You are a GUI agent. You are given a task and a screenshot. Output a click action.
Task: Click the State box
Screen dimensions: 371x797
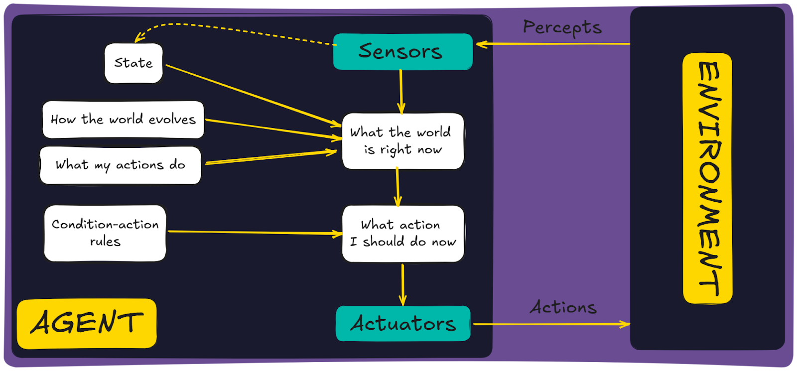coord(133,63)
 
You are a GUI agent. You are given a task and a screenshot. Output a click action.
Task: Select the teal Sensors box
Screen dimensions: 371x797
coord(402,51)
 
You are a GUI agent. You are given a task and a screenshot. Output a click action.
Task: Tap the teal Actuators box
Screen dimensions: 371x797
coord(402,324)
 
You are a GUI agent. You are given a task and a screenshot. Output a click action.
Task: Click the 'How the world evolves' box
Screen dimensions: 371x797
coord(123,120)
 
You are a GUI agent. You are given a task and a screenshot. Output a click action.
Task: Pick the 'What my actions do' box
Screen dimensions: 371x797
coord(120,165)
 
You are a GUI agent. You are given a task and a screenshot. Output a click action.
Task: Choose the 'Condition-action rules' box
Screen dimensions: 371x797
coord(105,233)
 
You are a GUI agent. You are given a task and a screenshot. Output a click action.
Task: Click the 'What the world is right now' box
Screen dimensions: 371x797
coord(402,141)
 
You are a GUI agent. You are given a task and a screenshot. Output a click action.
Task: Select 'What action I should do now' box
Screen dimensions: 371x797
coord(402,233)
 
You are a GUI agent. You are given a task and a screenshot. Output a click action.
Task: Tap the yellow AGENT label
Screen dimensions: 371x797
coord(87,323)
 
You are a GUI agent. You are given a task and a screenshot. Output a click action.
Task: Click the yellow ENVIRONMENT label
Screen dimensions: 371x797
coord(707,178)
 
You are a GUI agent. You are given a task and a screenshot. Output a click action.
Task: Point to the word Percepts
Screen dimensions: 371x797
coord(562,28)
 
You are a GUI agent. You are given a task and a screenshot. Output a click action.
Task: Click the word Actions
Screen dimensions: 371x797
coord(563,307)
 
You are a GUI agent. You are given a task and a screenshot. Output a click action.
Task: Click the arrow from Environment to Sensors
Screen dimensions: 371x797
coord(553,44)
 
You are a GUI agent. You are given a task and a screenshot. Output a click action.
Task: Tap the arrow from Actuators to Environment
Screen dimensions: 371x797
coord(550,324)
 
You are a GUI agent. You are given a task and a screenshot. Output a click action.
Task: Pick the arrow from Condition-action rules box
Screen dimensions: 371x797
coord(254,232)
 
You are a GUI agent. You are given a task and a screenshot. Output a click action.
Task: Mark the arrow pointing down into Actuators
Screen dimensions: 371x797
coord(402,284)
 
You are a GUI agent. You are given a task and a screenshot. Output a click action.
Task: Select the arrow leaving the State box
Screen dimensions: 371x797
coord(249,95)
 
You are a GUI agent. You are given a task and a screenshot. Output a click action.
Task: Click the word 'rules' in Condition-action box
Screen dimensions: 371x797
coord(105,242)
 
